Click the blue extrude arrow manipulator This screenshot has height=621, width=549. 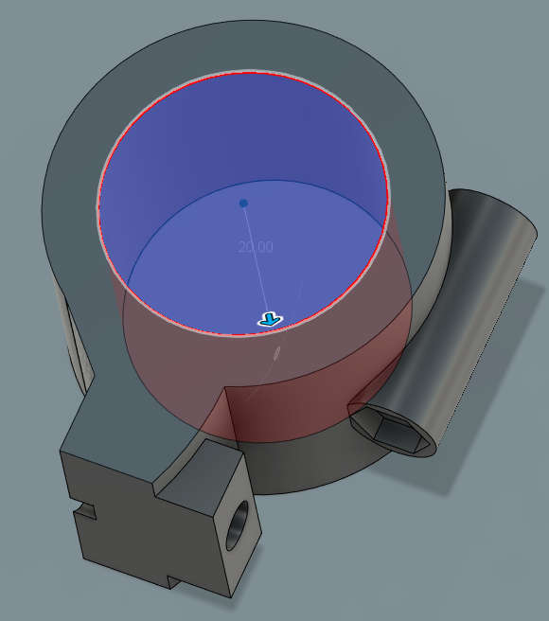click(x=270, y=321)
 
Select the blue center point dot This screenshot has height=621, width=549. click(x=243, y=204)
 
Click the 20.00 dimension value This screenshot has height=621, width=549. click(x=255, y=247)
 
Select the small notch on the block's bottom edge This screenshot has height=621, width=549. click(x=172, y=578)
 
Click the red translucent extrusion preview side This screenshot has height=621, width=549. click(x=312, y=379)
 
